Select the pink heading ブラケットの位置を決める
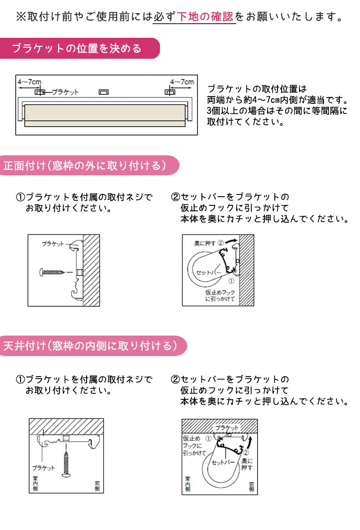pyautogui.click(x=77, y=48)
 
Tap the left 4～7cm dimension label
pyautogui.click(x=29, y=82)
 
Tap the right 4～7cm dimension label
pyautogui.click(x=181, y=82)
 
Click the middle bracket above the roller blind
pyautogui.click(x=104, y=92)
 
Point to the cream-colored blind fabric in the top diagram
pyautogui.click(x=105, y=112)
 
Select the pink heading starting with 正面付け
pyautogui.click(x=84, y=165)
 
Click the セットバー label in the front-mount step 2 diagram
pyautogui.click(x=208, y=272)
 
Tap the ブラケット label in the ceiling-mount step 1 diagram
pyautogui.click(x=44, y=468)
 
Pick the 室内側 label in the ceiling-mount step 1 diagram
pyautogui.click(x=35, y=484)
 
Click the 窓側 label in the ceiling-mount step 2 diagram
pyautogui.click(x=250, y=486)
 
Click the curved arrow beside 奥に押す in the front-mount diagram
pyautogui.click(x=231, y=240)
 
